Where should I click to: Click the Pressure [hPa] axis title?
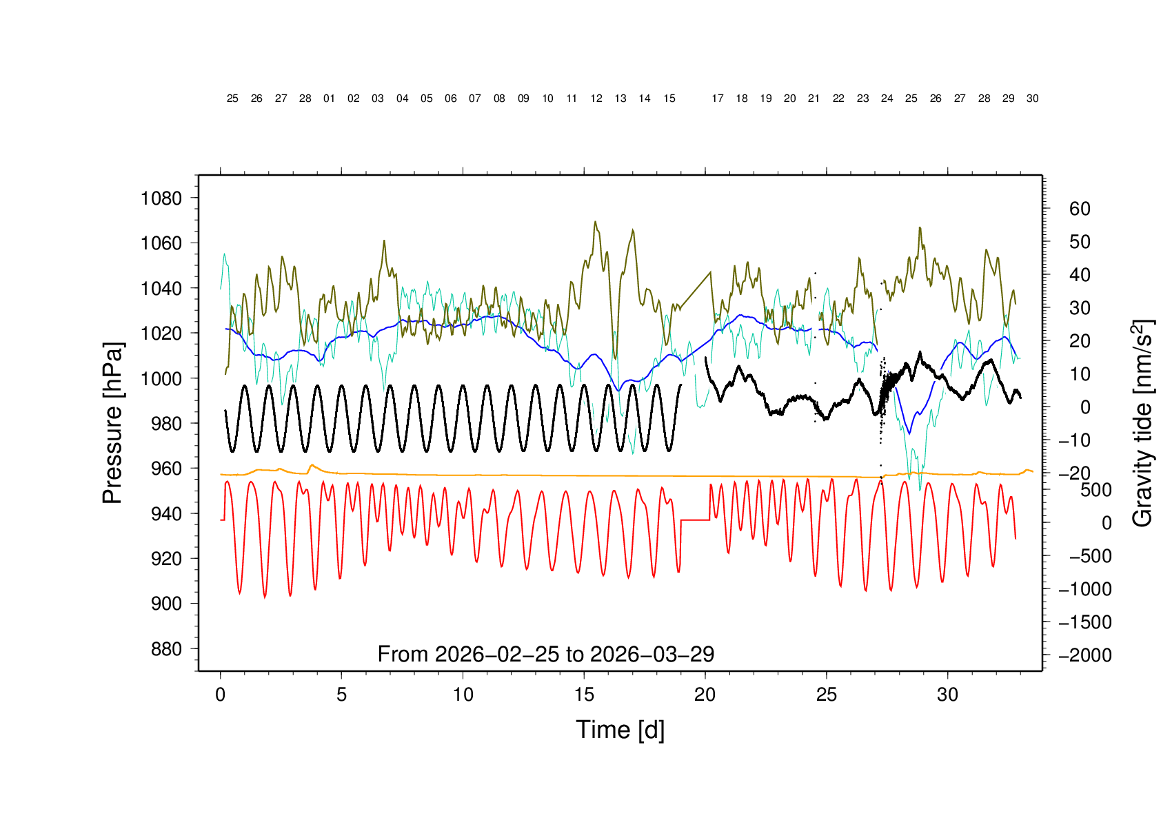(x=112, y=423)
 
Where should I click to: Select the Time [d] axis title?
(x=620, y=730)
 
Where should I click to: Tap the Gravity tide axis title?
(x=1142, y=423)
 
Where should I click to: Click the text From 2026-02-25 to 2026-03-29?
(x=545, y=654)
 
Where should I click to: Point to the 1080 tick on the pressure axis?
(x=161, y=198)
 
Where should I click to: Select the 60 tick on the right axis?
(x=1080, y=209)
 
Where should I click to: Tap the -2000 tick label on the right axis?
(x=1085, y=655)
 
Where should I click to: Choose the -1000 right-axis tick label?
(x=1085, y=589)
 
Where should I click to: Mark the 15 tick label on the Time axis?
(x=584, y=695)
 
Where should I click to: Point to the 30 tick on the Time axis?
(x=948, y=695)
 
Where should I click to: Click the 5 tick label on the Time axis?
(x=341, y=695)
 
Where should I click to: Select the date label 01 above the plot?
(x=330, y=99)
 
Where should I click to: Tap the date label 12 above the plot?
(x=596, y=99)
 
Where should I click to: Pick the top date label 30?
(x=1032, y=99)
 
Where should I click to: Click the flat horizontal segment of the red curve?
(x=695, y=520)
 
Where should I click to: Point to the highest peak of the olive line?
(x=596, y=222)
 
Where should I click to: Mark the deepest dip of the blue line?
(x=910, y=433)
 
